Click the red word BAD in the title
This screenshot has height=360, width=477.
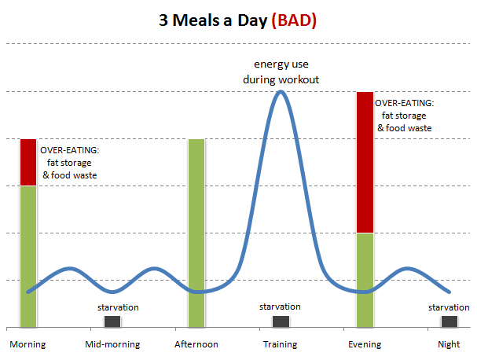tap(294, 20)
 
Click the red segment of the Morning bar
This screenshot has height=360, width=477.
tap(28, 162)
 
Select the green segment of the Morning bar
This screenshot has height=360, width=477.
tap(28, 256)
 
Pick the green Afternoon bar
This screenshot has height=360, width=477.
tap(196, 233)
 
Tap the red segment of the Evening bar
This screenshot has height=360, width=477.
tap(365, 162)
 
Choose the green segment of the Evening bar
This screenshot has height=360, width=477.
tap(365, 281)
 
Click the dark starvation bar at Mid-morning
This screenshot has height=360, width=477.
tap(112, 321)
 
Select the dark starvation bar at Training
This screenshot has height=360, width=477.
tap(281, 321)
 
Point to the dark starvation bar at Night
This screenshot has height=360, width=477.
tap(449, 321)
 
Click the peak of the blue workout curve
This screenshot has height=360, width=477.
tap(281, 91)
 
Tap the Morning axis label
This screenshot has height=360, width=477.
tap(28, 344)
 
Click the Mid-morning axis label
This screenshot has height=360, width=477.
tap(112, 344)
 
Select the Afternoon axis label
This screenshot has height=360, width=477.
tap(196, 344)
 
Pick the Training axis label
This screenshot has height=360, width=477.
tap(281, 344)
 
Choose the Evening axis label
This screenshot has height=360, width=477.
tap(365, 344)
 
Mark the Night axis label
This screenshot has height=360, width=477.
tap(449, 344)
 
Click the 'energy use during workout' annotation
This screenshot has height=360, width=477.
tap(281, 72)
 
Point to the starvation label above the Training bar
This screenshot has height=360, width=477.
tap(280, 307)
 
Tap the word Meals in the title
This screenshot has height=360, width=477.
tap(196, 20)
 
